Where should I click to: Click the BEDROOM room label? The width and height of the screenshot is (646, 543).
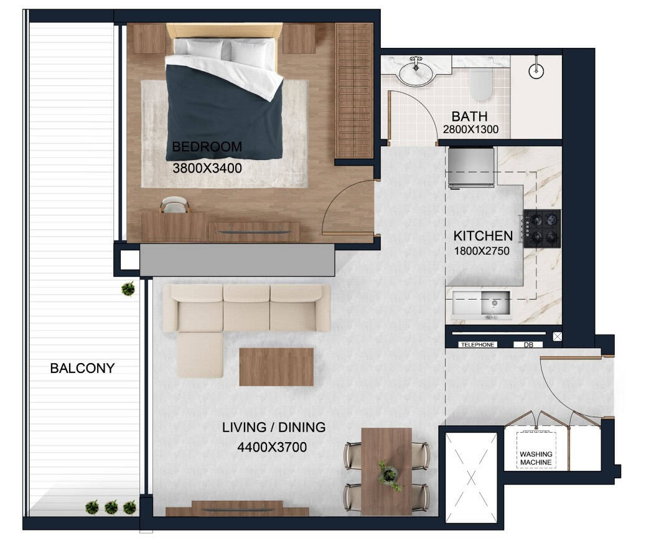click(x=207, y=147)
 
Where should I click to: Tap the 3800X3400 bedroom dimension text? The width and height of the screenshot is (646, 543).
click(x=207, y=168)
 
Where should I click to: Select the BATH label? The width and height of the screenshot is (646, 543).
click(x=469, y=116)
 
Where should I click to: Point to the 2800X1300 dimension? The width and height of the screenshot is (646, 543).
click(x=470, y=130)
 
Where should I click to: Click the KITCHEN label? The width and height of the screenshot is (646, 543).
click(x=483, y=236)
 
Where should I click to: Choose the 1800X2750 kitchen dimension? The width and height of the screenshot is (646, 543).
click(x=482, y=251)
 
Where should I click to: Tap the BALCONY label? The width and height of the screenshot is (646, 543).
click(x=82, y=368)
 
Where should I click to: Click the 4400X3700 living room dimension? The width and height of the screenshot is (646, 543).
click(x=272, y=447)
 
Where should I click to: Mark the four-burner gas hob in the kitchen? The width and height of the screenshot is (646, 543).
click(x=542, y=229)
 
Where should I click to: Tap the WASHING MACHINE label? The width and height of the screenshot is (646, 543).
click(x=536, y=458)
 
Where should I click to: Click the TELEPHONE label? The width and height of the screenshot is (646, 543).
click(x=477, y=345)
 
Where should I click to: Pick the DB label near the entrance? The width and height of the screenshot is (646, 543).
click(x=528, y=345)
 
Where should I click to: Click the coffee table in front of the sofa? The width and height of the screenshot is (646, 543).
click(x=276, y=367)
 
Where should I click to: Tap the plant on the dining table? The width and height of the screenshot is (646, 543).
click(x=388, y=475)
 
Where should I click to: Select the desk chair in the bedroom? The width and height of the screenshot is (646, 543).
click(x=175, y=205)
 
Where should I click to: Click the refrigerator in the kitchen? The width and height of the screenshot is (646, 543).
click(x=471, y=168)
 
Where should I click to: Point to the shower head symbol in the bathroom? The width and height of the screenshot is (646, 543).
click(x=536, y=70)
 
